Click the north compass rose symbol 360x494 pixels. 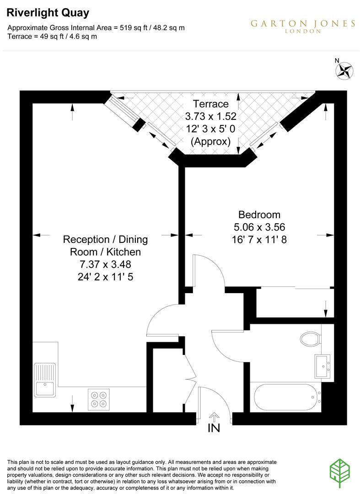(345, 70)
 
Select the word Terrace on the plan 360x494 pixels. (210, 103)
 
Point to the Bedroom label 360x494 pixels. (259, 214)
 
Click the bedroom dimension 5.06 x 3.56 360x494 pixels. (259, 226)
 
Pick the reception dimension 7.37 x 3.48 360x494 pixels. (105, 264)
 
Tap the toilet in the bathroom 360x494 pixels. (311, 339)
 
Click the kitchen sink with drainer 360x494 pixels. (45, 380)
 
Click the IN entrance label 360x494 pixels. (214, 428)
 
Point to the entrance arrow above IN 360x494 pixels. (214, 416)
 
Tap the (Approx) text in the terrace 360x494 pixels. (210, 141)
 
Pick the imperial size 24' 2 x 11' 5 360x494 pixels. (105, 277)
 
